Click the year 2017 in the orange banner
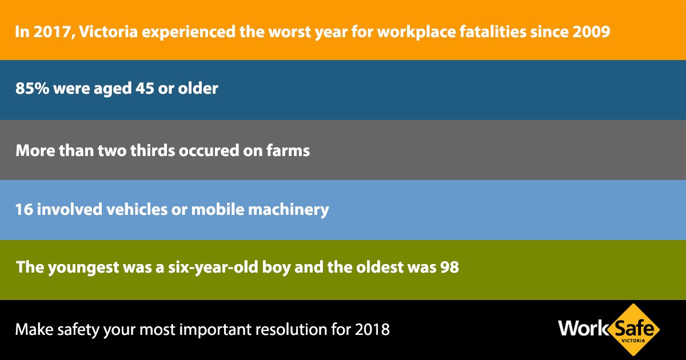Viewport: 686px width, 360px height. [x=53, y=32]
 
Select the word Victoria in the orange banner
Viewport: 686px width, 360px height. [x=109, y=32]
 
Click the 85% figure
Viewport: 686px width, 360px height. [x=32, y=89]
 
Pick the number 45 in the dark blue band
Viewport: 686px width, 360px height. [x=145, y=89]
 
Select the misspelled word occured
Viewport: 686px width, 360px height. [x=209, y=151]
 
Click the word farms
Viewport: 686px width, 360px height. [x=288, y=151]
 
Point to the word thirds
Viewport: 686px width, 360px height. [x=153, y=151]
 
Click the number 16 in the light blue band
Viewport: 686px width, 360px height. [x=24, y=210]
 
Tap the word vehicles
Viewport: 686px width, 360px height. [x=137, y=210]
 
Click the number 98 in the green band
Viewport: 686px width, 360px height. [x=449, y=267]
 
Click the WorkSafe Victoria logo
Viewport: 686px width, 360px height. [x=609, y=330]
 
